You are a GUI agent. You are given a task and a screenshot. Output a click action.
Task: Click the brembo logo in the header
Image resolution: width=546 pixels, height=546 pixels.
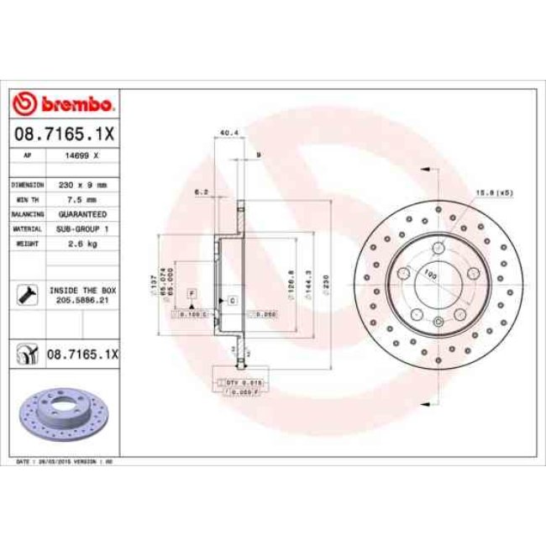[65, 104]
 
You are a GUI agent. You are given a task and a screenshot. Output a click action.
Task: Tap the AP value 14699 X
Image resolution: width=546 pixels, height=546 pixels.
[83, 156]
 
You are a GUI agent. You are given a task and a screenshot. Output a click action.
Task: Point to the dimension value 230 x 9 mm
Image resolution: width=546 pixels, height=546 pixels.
[83, 184]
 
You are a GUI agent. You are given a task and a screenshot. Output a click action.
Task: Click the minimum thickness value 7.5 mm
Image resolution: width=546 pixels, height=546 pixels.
[83, 199]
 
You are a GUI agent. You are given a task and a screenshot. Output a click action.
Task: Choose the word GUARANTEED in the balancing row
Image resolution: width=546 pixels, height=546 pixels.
[83, 214]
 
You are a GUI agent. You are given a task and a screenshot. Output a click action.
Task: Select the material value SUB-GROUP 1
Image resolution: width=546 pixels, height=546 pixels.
[83, 228]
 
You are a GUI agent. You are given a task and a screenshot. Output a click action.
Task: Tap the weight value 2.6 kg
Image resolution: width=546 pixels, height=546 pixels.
[83, 243]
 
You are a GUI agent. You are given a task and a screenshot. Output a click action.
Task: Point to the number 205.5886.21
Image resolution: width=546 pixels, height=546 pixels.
[83, 298]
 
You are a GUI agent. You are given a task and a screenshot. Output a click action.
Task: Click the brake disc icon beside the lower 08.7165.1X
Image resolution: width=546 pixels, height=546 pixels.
[28, 354]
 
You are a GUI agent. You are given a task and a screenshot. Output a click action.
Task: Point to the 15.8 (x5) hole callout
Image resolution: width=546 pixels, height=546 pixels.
[495, 192]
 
